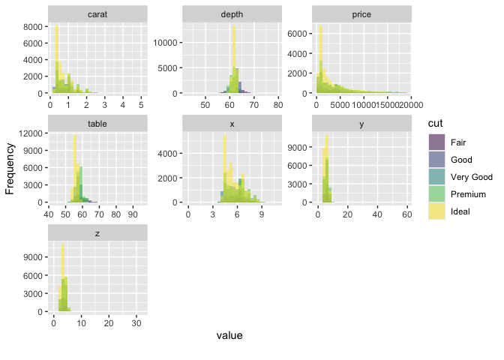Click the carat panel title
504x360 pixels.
pos(97,14)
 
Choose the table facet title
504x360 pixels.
pos(97,124)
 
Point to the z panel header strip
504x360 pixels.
pos(97,233)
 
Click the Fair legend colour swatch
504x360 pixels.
pos(437,142)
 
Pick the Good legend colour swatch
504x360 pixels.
pos(437,160)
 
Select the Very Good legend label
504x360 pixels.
pos(472,177)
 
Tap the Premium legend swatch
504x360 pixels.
pos(437,194)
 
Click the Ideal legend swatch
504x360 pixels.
pos(437,211)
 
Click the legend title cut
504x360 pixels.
pos(435,123)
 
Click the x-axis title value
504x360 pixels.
pos(229,335)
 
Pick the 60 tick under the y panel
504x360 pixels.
pos(406,215)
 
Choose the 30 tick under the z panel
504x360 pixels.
pos(136,324)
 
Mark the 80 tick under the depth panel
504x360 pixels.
pos(277,106)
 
